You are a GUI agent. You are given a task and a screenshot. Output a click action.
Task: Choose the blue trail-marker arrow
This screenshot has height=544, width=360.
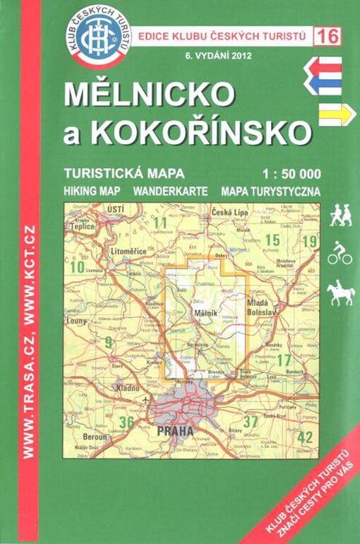(323, 84)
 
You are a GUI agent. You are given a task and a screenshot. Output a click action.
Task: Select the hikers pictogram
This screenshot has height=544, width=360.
(340, 215)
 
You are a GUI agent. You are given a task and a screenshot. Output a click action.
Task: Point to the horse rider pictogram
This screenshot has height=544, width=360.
(340, 292)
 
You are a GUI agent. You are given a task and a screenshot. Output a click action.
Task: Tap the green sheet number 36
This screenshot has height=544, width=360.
(126, 422)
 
